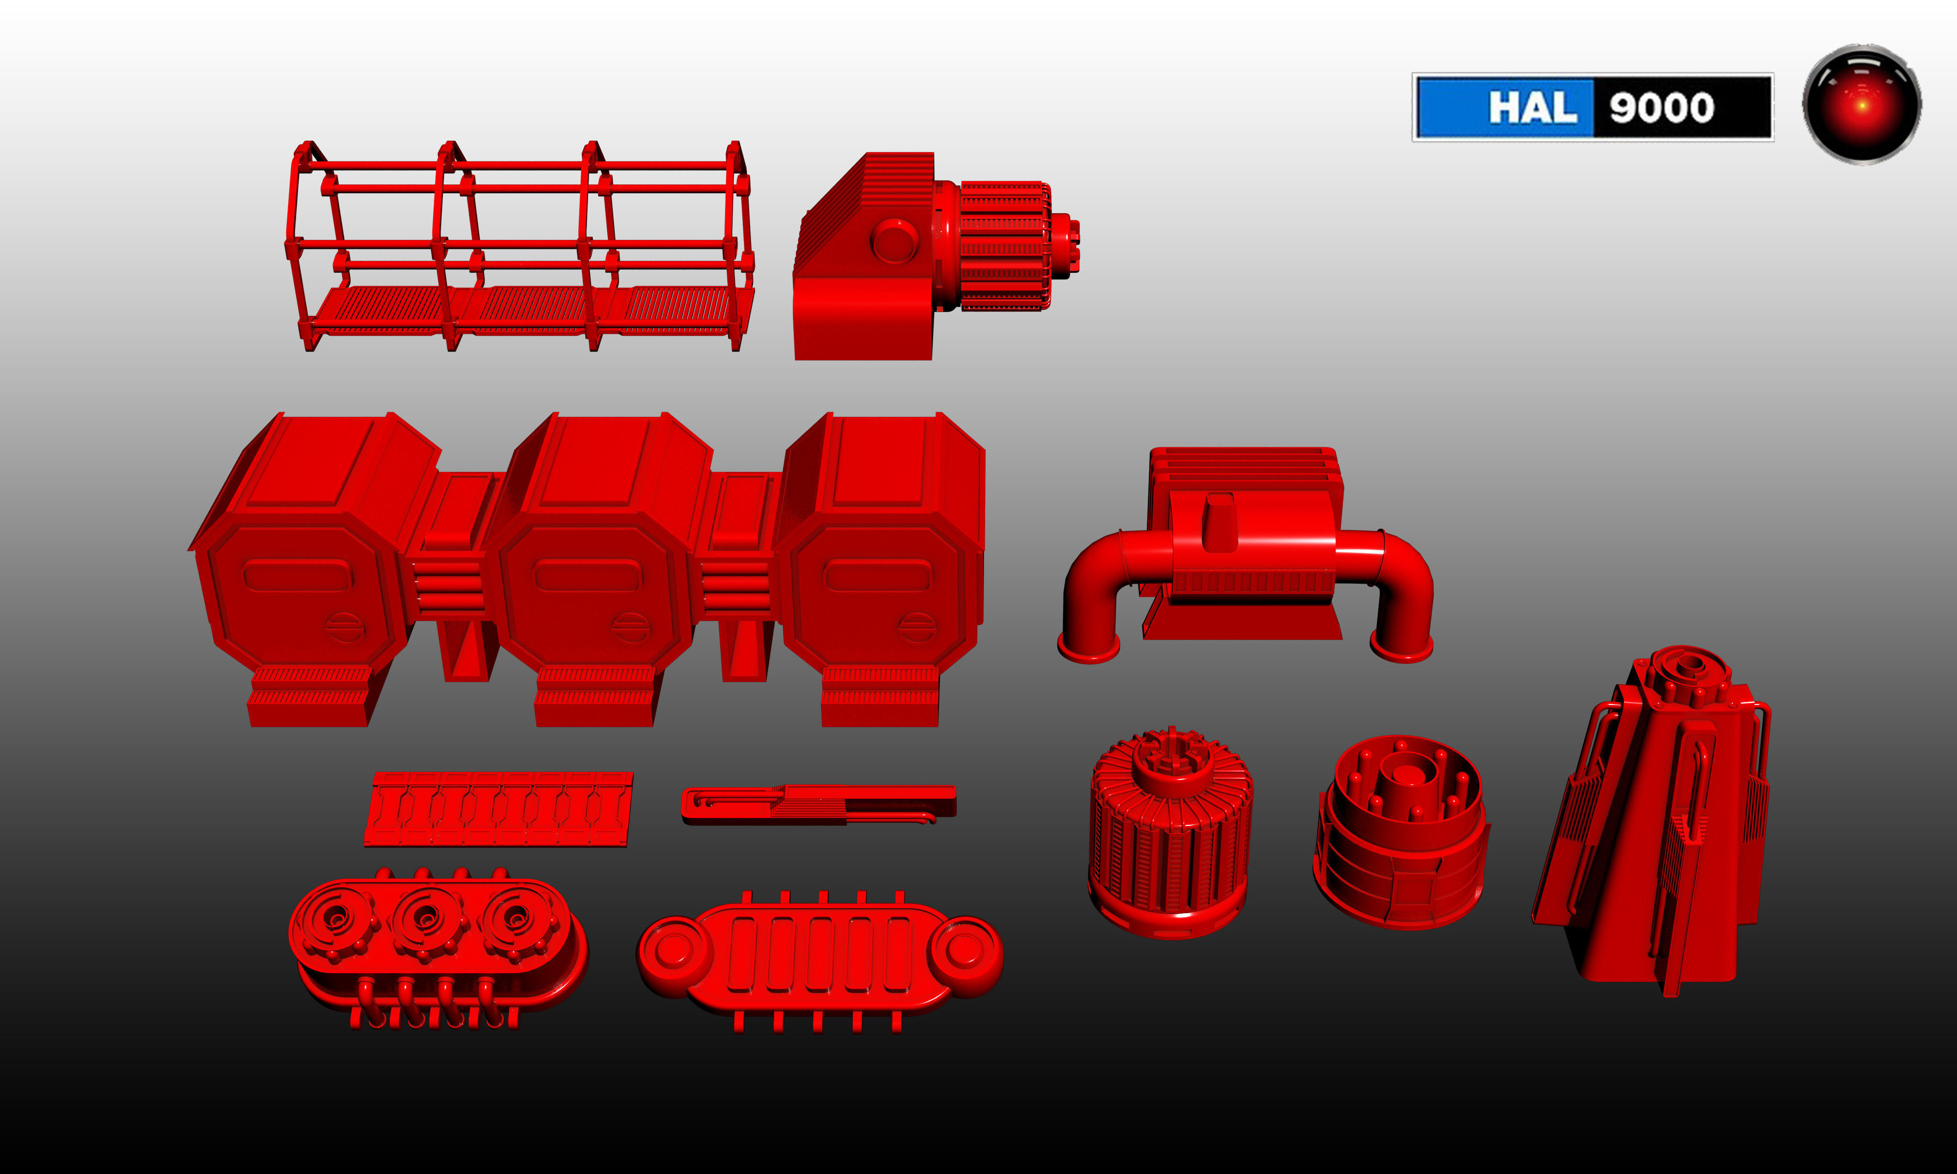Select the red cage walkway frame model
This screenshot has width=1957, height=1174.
[518, 245]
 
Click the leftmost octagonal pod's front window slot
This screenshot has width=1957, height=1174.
[297, 575]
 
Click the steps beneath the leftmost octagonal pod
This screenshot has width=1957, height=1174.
[309, 696]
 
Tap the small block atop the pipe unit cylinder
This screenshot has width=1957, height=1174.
[1219, 522]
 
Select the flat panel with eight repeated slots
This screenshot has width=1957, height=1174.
[498, 809]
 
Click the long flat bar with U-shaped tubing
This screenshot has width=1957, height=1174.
[819, 804]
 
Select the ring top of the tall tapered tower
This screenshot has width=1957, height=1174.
[1688, 664]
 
